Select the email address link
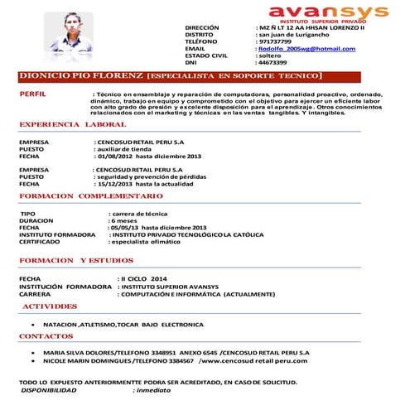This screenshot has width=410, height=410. point(306,49)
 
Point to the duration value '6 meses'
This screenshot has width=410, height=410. point(124,220)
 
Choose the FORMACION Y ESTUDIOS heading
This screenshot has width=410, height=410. point(76,261)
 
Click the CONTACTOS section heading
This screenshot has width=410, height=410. point(46,337)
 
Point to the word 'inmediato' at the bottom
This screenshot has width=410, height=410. point(152,389)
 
